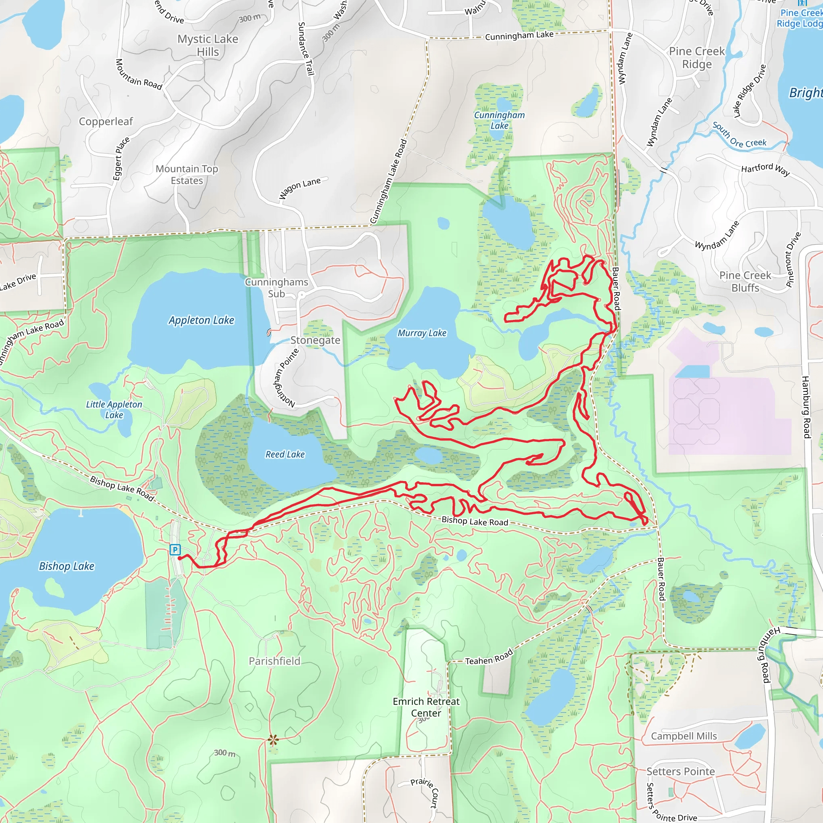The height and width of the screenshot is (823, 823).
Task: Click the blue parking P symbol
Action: (175, 549)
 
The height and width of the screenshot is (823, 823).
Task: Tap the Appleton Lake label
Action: (201, 320)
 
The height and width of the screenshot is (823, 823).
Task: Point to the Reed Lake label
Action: (285, 454)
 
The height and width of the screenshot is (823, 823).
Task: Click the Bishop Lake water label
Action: (66, 566)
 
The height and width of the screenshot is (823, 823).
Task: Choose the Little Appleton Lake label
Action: (114, 409)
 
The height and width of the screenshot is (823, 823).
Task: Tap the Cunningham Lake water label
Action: (499, 120)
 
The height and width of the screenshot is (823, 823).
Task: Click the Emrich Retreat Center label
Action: (426, 707)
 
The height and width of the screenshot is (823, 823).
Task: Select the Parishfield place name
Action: (274, 661)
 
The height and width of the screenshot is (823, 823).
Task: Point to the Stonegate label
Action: (315, 340)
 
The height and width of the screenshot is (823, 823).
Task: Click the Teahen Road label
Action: (489, 658)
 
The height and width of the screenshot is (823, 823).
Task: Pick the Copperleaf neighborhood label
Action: (106, 122)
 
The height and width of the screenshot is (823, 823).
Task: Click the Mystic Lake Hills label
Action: (208, 45)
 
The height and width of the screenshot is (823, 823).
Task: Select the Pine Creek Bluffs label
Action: (745, 282)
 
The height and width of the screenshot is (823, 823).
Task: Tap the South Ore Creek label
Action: (739, 135)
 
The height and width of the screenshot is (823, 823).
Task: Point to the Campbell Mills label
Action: (684, 736)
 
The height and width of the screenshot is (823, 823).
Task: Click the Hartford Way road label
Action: (766, 169)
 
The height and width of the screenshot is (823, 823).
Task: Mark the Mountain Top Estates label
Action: (187, 175)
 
